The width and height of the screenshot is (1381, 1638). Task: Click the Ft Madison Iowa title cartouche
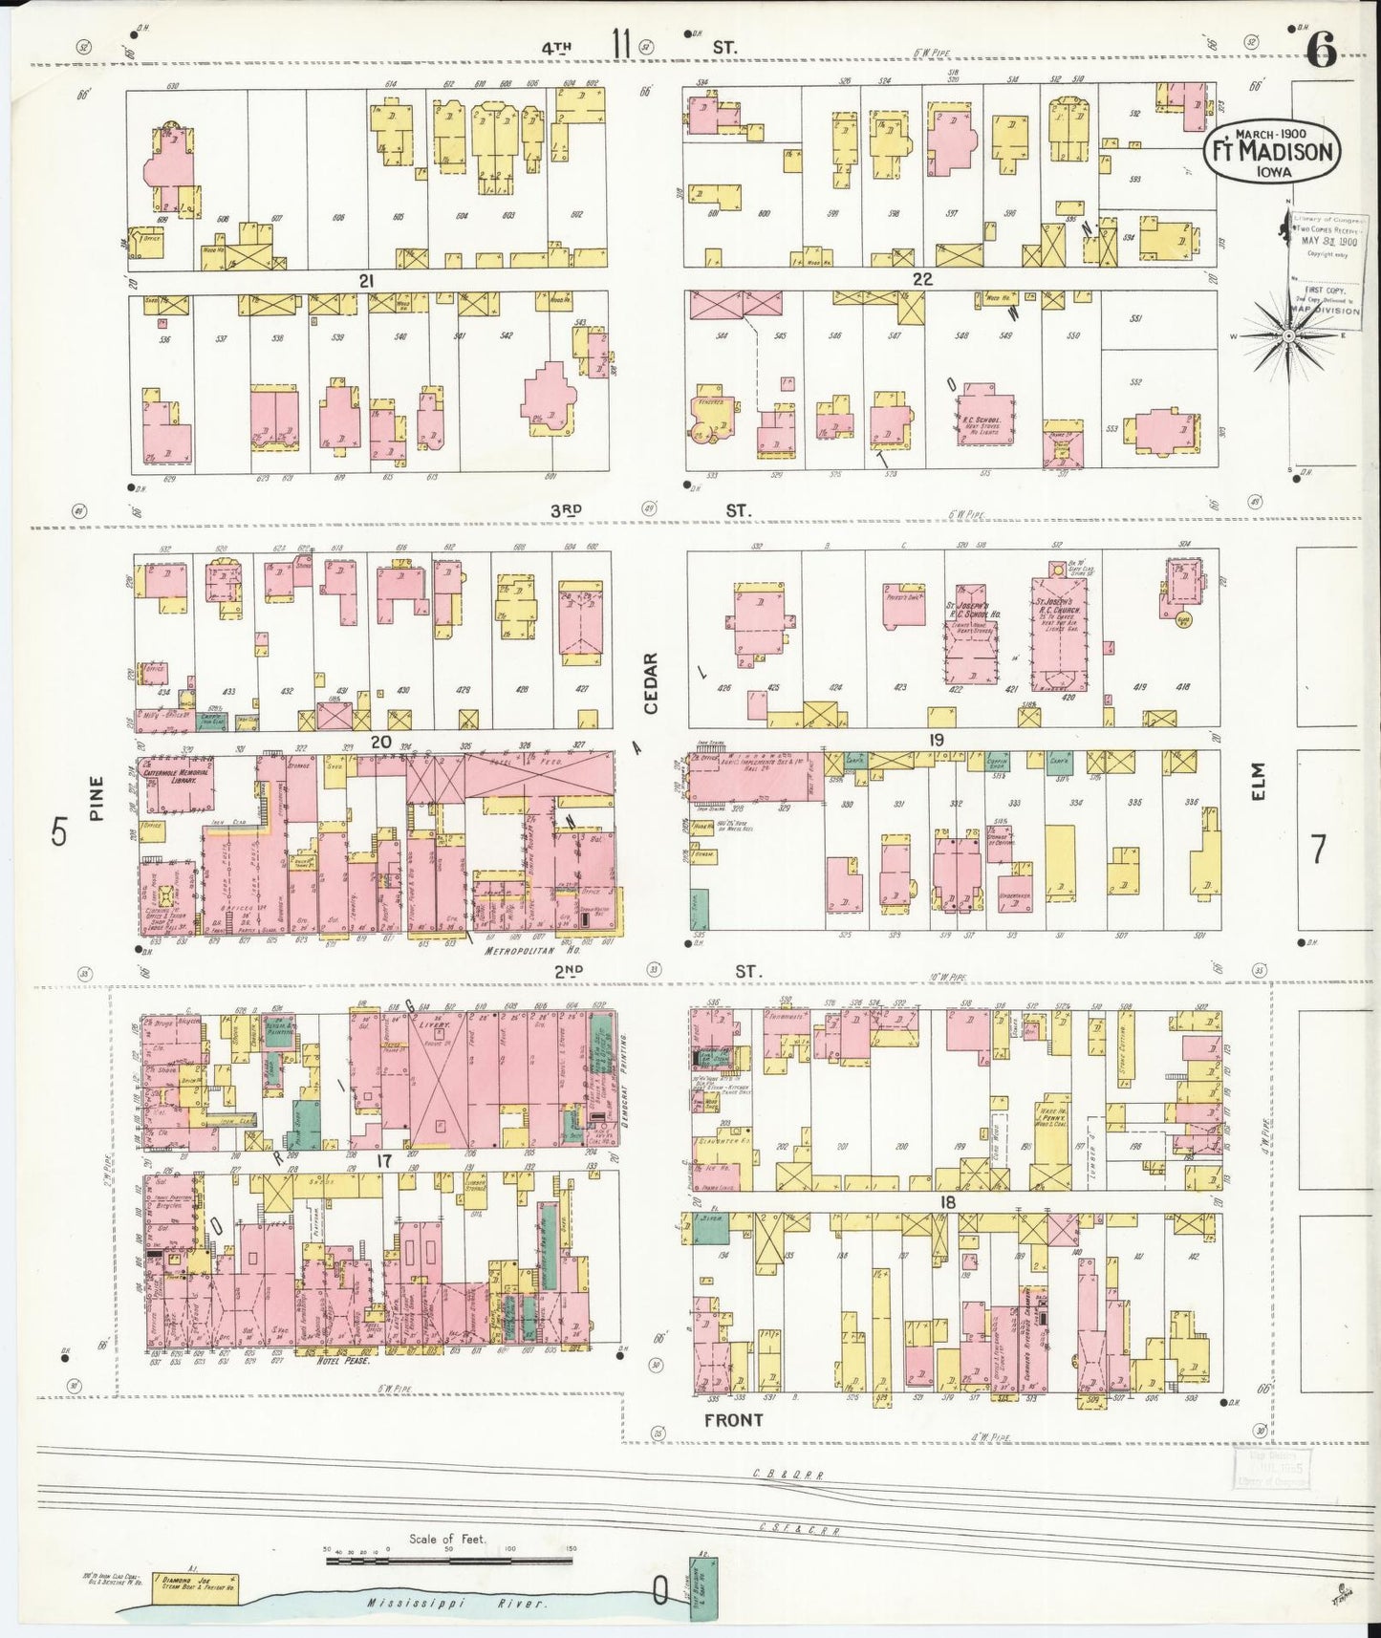pos(1271,152)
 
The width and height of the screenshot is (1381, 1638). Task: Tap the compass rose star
pos(1288,336)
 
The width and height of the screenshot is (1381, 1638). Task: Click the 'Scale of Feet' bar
pos(449,1561)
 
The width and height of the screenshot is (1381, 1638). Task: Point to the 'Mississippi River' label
pos(459,1604)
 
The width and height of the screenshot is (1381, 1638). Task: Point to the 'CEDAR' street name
pos(651,683)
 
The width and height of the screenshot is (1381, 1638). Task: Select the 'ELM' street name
pos(1257,781)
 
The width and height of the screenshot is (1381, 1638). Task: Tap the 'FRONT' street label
pos(733,1420)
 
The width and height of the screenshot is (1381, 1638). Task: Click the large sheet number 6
pos(1321,52)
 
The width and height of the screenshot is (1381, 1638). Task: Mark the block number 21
pos(366,280)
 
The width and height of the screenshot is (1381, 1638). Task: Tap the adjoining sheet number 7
pos(1319,848)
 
